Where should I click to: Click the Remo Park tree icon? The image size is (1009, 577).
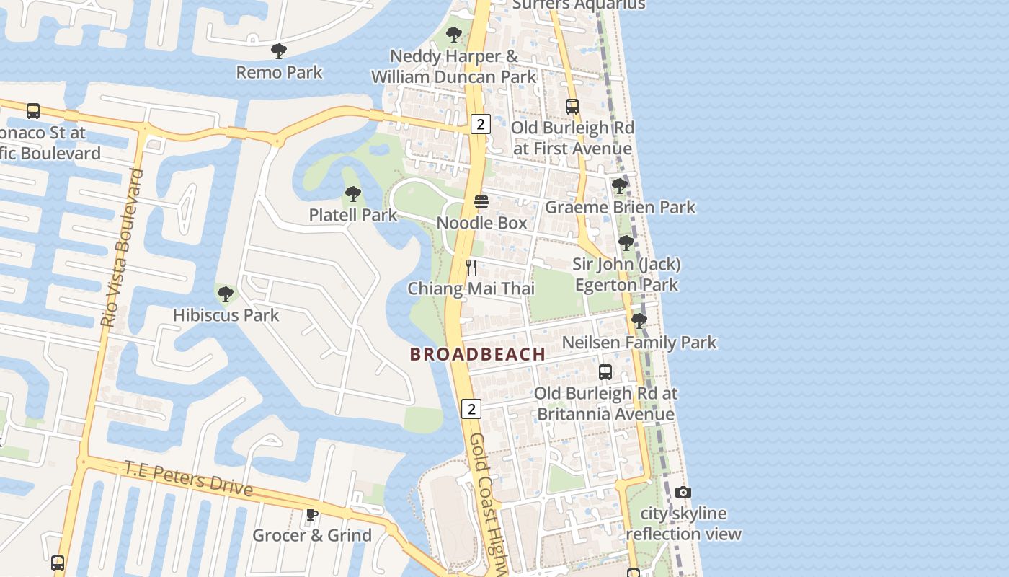click(x=279, y=51)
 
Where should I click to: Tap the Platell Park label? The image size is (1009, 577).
click(x=352, y=215)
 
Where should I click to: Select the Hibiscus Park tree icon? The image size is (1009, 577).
click(x=226, y=294)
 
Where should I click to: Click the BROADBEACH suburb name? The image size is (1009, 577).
click(x=477, y=354)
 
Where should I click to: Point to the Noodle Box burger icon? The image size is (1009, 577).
click(x=481, y=201)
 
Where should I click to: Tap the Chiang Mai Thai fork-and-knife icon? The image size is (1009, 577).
click(x=471, y=268)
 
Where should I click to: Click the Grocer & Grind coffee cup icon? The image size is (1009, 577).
click(x=311, y=514)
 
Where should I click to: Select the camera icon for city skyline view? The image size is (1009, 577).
click(x=683, y=493)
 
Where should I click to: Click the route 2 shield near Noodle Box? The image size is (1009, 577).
click(x=481, y=124)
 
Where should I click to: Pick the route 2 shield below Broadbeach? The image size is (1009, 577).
click(x=471, y=409)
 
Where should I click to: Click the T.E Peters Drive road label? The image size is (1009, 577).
click(x=189, y=478)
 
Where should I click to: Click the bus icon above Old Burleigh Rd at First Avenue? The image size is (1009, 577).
click(x=572, y=107)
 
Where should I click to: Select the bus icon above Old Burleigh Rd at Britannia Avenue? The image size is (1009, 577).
click(x=605, y=372)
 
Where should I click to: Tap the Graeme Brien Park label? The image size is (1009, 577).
click(x=620, y=208)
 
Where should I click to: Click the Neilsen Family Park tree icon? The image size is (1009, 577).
click(x=639, y=321)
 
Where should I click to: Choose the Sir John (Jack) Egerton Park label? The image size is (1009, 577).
click(x=626, y=274)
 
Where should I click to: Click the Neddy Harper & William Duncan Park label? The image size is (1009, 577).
click(x=454, y=66)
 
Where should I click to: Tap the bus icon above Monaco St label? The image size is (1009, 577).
click(x=33, y=111)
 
